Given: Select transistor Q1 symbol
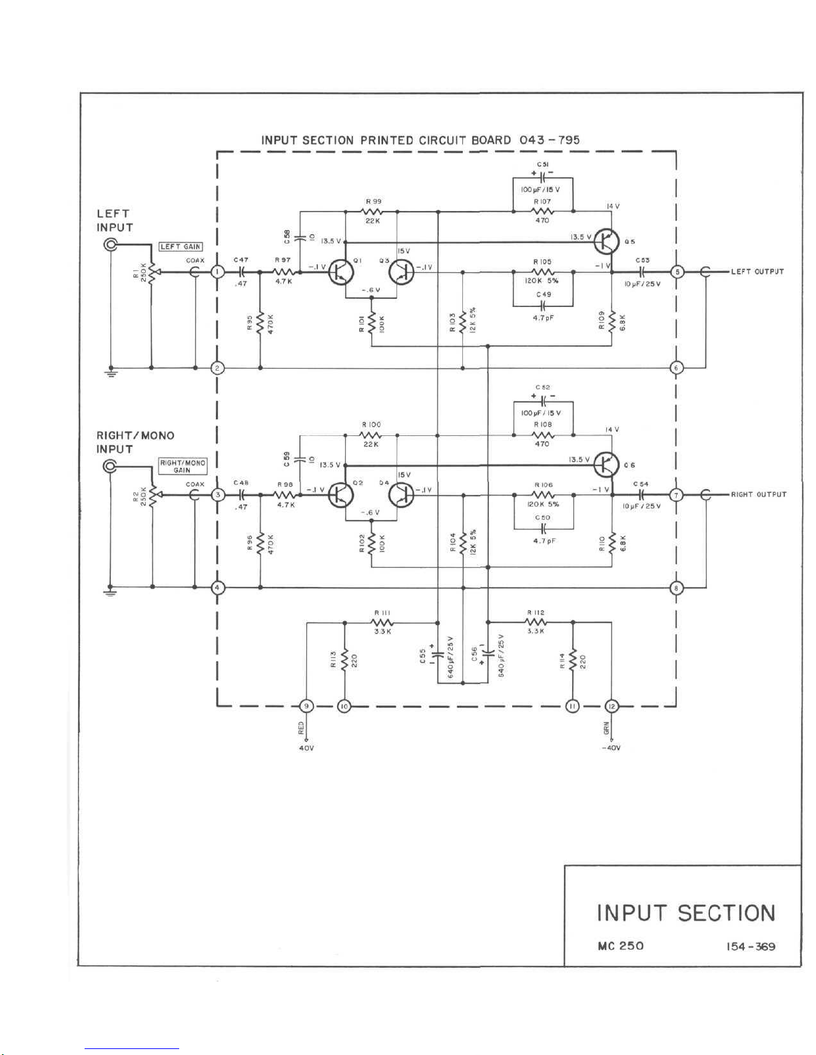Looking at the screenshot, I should pyautogui.click(x=341, y=272).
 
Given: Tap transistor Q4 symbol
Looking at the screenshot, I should pyautogui.click(x=401, y=495).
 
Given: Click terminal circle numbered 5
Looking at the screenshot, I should pyautogui.click(x=677, y=272).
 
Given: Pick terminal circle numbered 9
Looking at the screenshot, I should pyautogui.click(x=306, y=706).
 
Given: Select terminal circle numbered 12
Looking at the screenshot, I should pyautogui.click(x=612, y=706).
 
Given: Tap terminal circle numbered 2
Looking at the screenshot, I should pyautogui.click(x=217, y=368).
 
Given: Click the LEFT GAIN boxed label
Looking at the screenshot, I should pyautogui.click(x=181, y=246).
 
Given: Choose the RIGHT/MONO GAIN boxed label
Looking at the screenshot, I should pyautogui.click(x=182, y=466).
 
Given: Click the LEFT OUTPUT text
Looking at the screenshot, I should pyautogui.click(x=757, y=272).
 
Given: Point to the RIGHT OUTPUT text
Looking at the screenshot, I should pyautogui.click(x=759, y=495).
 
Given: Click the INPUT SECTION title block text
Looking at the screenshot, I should pyautogui.click(x=686, y=913).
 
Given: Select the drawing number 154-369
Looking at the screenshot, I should pyautogui.click(x=751, y=947).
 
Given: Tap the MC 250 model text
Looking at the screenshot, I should pyautogui.click(x=621, y=946).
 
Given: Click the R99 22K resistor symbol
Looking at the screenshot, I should pyautogui.click(x=372, y=212).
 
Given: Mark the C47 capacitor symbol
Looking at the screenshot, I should pyautogui.click(x=241, y=272).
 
